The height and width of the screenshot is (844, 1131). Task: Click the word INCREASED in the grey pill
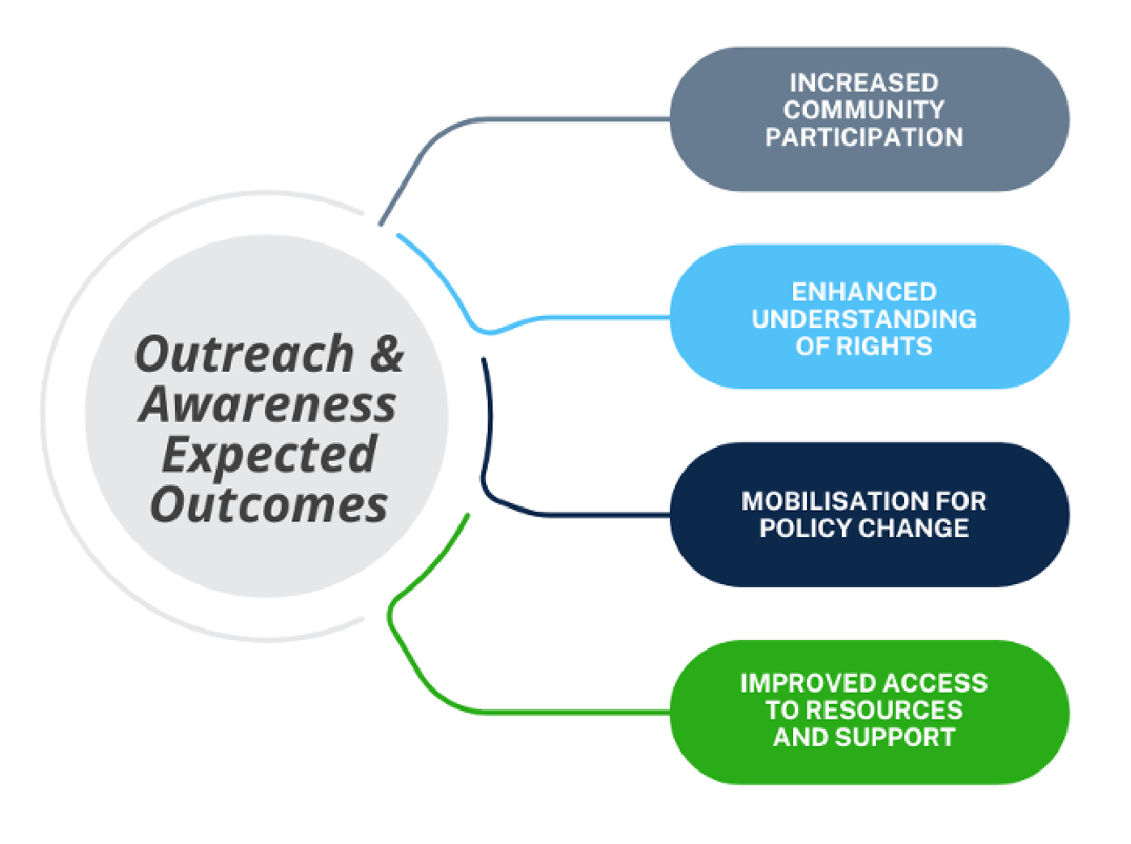pos(864,83)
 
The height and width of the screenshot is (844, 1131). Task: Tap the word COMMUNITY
pos(864,110)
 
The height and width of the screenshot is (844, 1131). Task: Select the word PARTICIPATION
pos(864,138)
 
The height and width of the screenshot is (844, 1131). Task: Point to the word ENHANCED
pos(864,292)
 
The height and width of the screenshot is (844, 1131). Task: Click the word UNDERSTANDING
pos(864,319)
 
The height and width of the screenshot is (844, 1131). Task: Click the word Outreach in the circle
pos(245,355)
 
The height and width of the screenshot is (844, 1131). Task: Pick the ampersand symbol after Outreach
pos(386,355)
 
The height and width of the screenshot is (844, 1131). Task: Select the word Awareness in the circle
pos(268,404)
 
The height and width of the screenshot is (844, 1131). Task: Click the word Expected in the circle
pos(270,455)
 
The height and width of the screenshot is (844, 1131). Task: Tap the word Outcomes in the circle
pos(269,505)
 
